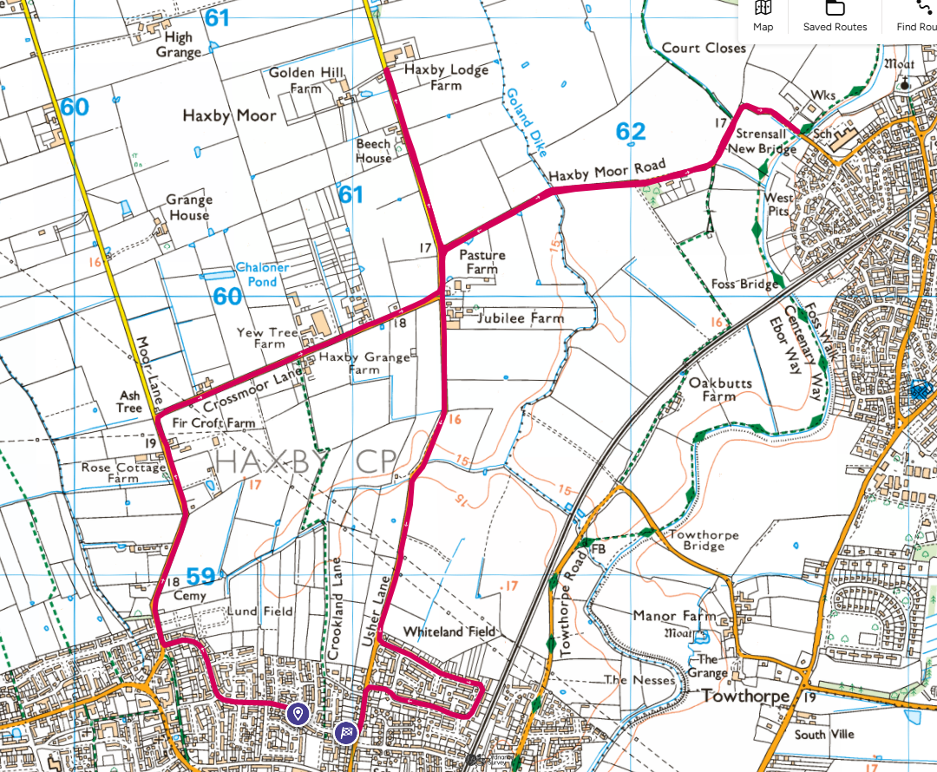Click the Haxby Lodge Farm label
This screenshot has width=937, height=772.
pyautogui.click(x=446, y=77)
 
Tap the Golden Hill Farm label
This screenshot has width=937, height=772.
pyautogui.click(x=306, y=80)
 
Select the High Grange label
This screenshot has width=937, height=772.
pyautogui.click(x=178, y=44)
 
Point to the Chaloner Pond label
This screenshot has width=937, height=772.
pyautogui.click(x=262, y=275)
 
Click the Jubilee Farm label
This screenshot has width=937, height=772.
pyautogui.click(x=520, y=318)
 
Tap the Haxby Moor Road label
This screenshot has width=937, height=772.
pyautogui.click(x=606, y=170)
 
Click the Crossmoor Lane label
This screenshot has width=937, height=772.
pyautogui.click(x=245, y=392)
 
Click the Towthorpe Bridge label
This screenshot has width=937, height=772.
pyautogui.click(x=704, y=541)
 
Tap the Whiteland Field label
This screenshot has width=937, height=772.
pyautogui.click(x=450, y=631)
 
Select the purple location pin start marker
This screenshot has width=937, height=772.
pyautogui.click(x=298, y=714)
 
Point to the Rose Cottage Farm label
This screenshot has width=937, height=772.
pyautogui.click(x=123, y=473)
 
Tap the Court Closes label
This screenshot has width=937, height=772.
pyautogui.click(x=704, y=49)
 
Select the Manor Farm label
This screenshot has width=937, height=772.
pyautogui.click(x=686, y=617)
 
